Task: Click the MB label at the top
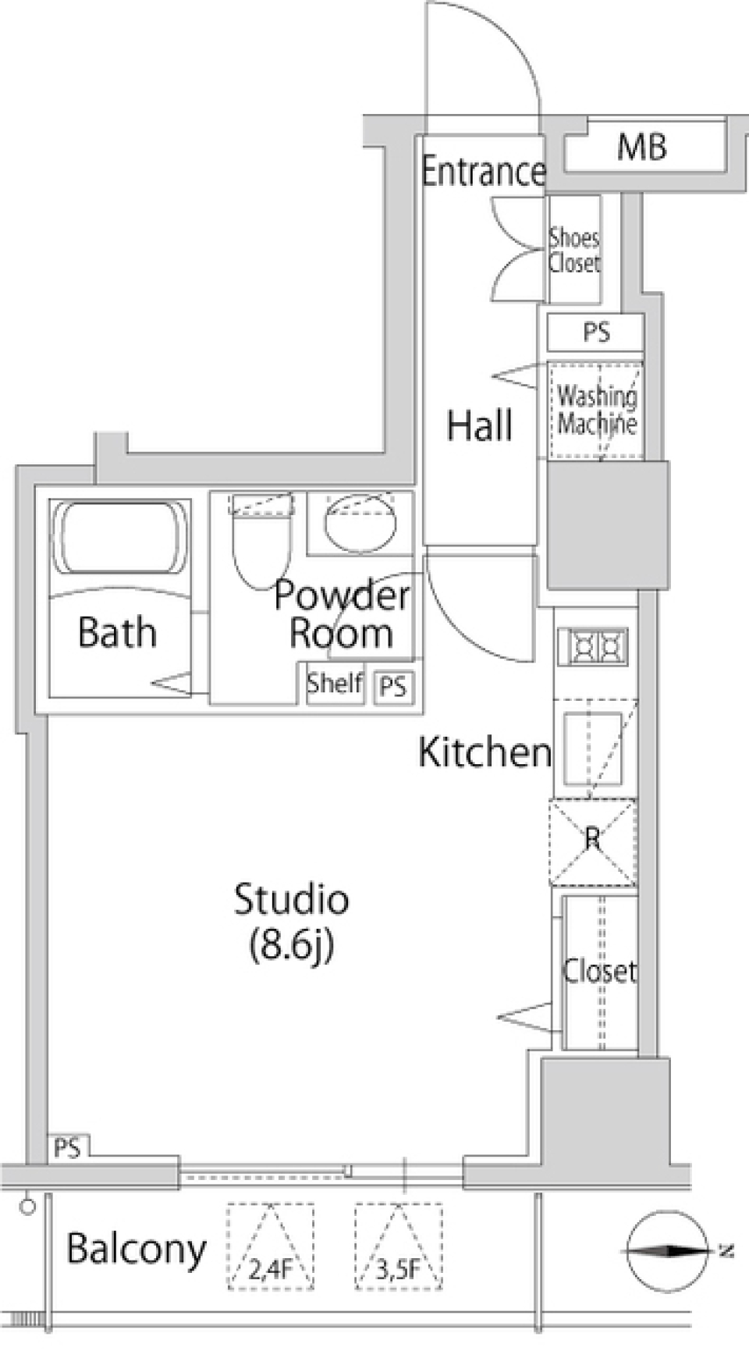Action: coord(641,147)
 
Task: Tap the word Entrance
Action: coord(483,171)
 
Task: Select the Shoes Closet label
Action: coord(574,250)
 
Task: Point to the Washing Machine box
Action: coord(596,411)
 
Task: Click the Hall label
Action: coord(479,425)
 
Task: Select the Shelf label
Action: coord(334,684)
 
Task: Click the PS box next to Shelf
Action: coord(393,687)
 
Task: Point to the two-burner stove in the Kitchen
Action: coord(593,647)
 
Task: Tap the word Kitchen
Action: coord(485,752)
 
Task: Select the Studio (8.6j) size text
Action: coord(291,921)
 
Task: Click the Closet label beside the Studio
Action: coord(599,971)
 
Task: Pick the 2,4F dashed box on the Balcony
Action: coord(270,1247)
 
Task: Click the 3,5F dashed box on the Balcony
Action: coord(398,1247)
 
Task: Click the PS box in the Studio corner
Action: coord(68,1148)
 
